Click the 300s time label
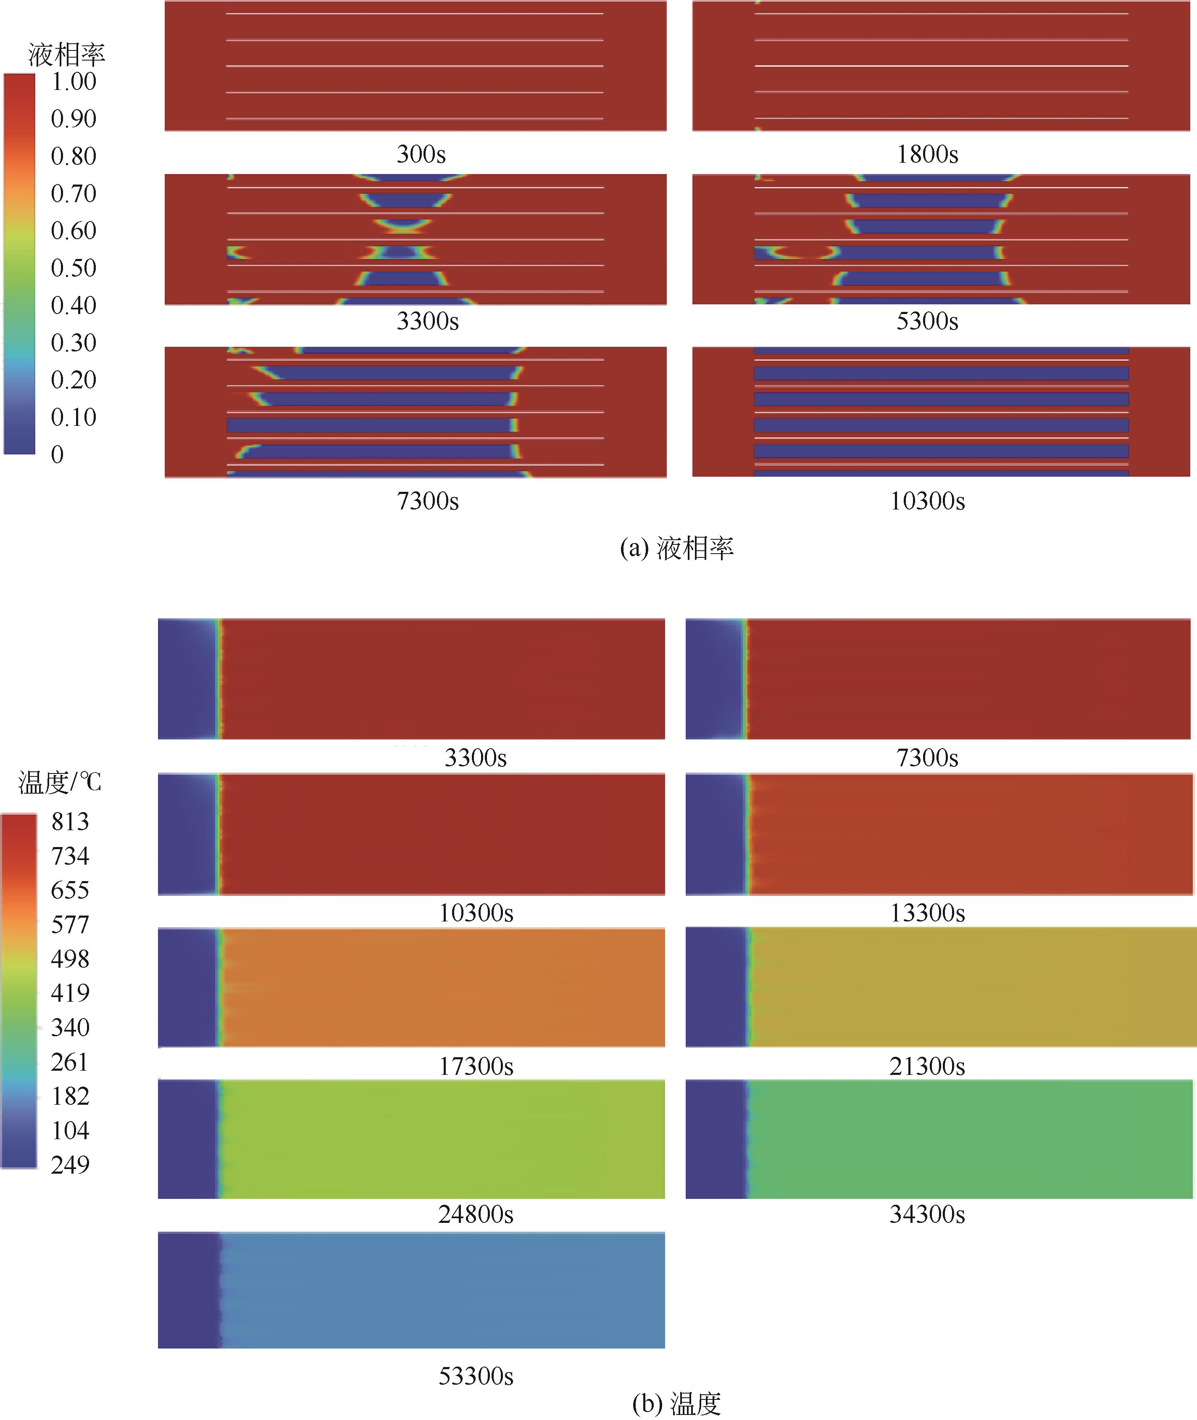point(421,154)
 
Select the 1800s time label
point(927,154)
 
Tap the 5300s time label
point(927,321)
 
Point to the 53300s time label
point(476,1376)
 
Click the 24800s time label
point(476,1214)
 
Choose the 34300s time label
point(927,1214)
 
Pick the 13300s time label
point(927,913)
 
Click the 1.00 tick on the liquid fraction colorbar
point(73,82)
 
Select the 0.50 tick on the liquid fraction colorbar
point(73,268)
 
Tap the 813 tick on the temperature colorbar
point(70,822)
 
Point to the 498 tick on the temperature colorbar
point(70,959)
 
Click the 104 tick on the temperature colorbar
point(70,1130)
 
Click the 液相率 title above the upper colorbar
point(66,54)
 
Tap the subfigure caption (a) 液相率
point(676,548)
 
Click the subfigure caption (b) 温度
point(676,1403)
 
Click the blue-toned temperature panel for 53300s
point(411,1290)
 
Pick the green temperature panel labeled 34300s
point(939,1139)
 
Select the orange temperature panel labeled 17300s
point(411,987)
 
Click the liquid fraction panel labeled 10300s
point(940,412)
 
